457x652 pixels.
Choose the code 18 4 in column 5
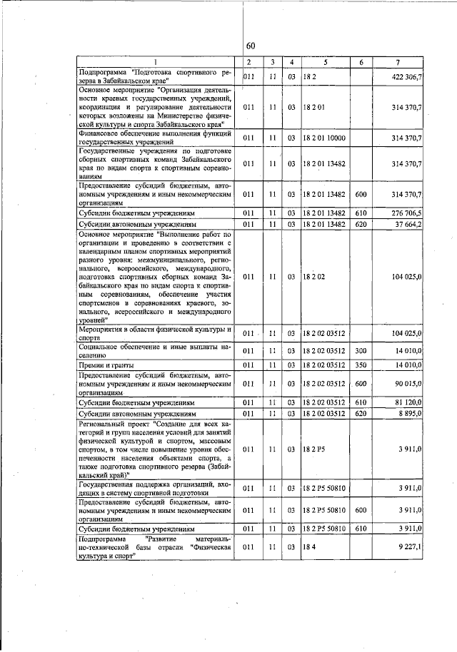tap(309, 547)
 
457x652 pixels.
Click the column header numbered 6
tap(361, 63)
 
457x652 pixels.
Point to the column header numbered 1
tap(157, 63)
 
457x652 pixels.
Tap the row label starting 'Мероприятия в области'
tap(156, 333)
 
